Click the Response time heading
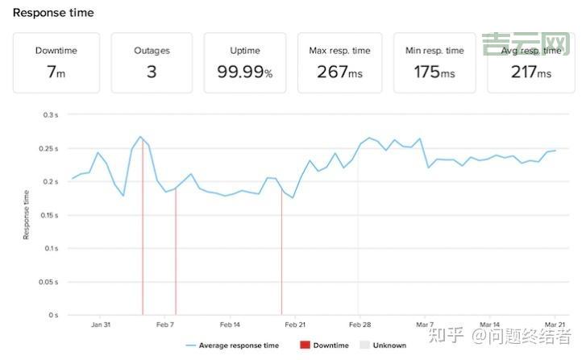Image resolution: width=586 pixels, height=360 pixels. pos(53,13)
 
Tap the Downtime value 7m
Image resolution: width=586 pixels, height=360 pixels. pos(56,72)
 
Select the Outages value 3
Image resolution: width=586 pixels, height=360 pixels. pos(152,72)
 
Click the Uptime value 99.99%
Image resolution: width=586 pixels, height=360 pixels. pos(245,72)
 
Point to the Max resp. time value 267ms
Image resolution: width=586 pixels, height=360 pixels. pos(339,72)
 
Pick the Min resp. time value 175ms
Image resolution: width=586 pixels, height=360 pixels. pos(434,72)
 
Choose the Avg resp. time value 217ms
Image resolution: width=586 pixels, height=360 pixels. pos(530,72)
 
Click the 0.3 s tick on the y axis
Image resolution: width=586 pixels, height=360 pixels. pos(50,115)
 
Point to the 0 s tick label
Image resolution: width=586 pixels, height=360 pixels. pos(52,315)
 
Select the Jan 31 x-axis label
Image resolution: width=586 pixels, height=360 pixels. pos(100,325)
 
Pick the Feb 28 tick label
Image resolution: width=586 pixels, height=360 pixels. pos(359,325)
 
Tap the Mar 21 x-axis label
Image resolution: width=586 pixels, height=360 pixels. pos(554,325)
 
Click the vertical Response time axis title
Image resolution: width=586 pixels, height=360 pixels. pos(26,214)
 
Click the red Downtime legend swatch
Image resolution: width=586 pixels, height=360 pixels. pos(305,346)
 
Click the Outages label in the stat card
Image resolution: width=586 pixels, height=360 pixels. pos(152,51)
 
